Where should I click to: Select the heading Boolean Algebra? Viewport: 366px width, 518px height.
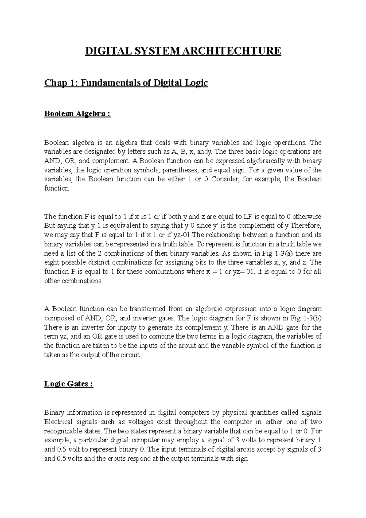tap(77, 114)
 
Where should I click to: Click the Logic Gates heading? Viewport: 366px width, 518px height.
tap(69, 384)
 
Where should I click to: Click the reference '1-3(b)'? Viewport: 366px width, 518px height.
tap(313, 318)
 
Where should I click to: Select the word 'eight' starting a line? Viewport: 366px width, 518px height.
tap(52, 262)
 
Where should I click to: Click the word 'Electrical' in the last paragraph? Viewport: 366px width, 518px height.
tap(58, 422)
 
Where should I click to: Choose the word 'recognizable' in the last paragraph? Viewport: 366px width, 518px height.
tap(62, 431)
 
